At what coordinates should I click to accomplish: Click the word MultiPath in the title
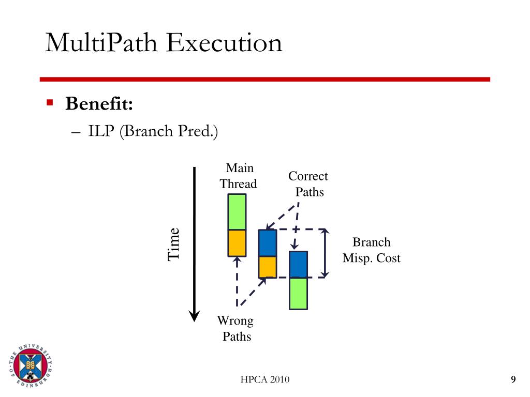pos(101,43)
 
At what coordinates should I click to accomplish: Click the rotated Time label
pos(173,243)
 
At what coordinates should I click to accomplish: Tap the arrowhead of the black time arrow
pos(194,315)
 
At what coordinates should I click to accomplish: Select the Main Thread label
pos(239,176)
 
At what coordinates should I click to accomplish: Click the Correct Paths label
pos(308,184)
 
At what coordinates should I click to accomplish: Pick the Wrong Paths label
pos(236,329)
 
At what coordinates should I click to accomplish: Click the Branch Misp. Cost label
pos(371,250)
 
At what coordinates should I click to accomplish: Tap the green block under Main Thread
pos(237,211)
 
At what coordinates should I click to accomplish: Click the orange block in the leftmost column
pos(237,242)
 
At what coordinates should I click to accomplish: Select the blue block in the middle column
pos(268,243)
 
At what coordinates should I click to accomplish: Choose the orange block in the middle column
pos(268,267)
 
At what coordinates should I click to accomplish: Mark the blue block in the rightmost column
pos(298,265)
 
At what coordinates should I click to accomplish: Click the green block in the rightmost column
pos(298,293)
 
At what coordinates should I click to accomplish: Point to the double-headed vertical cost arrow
pos(325,253)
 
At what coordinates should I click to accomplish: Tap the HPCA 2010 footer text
pos(265,380)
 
